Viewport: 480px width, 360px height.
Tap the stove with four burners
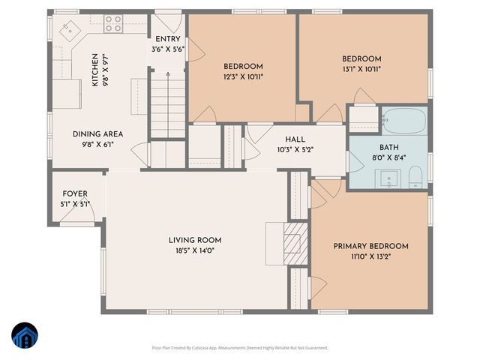113,23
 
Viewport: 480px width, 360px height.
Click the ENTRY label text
167,39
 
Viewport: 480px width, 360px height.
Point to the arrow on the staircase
167,74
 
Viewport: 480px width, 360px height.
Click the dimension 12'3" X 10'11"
242,76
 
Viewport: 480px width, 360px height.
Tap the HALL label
295,139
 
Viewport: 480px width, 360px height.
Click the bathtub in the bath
403,119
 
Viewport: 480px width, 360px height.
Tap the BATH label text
388,148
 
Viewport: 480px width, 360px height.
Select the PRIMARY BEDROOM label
370,246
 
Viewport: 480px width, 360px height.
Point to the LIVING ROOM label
194,240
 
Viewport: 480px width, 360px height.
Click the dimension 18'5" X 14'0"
194,250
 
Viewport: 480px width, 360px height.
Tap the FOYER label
75,193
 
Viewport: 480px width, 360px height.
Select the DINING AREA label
97,134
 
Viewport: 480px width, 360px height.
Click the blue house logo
23,335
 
